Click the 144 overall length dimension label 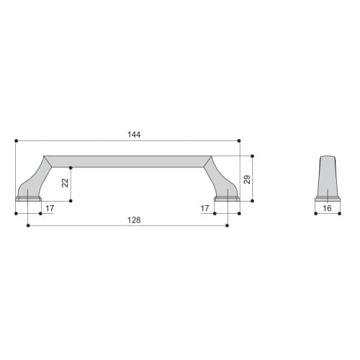[x=134, y=135]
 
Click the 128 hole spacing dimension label [x=134, y=220]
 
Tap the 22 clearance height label [x=65, y=183]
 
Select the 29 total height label [x=247, y=179]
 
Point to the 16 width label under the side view [x=327, y=208]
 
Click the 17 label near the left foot [x=50, y=208]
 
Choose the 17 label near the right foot [x=204, y=208]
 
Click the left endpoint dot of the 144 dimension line [x=16, y=140]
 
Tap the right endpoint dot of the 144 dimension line [x=239, y=140]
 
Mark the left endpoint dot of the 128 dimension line [x=28, y=225]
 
